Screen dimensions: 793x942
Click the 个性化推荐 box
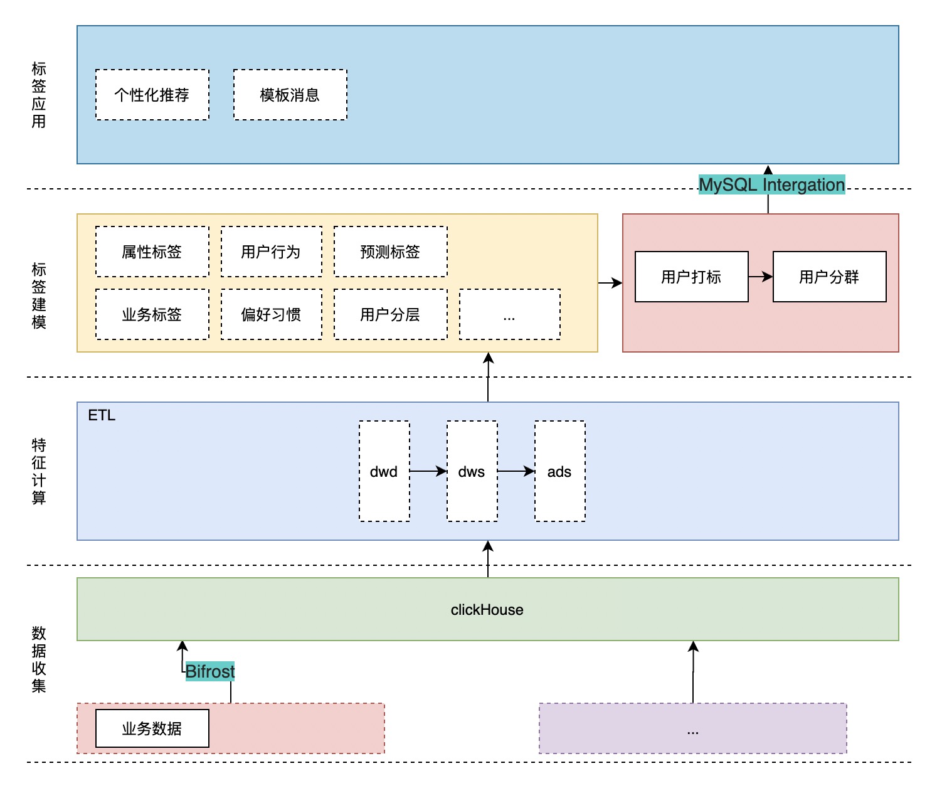152,95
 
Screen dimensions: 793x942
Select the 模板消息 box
290,95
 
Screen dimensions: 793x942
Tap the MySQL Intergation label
771,185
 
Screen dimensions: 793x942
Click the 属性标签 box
152,252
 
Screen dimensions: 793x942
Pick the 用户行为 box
271,252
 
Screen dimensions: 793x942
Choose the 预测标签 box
390,252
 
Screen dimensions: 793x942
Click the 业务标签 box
152,314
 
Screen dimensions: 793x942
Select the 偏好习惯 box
271,314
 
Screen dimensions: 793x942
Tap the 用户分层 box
390,314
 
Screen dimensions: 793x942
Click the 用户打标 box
691,277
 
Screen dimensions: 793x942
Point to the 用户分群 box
829,277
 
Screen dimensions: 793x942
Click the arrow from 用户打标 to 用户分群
760,277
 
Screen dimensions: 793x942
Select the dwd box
384,471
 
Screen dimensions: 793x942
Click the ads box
559,471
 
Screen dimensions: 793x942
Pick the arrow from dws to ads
516,471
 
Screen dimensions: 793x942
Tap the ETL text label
102,415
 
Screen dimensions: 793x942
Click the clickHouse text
487,610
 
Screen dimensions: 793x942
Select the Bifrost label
209,671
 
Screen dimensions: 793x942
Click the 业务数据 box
152,728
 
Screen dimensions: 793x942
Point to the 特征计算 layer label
39,471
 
